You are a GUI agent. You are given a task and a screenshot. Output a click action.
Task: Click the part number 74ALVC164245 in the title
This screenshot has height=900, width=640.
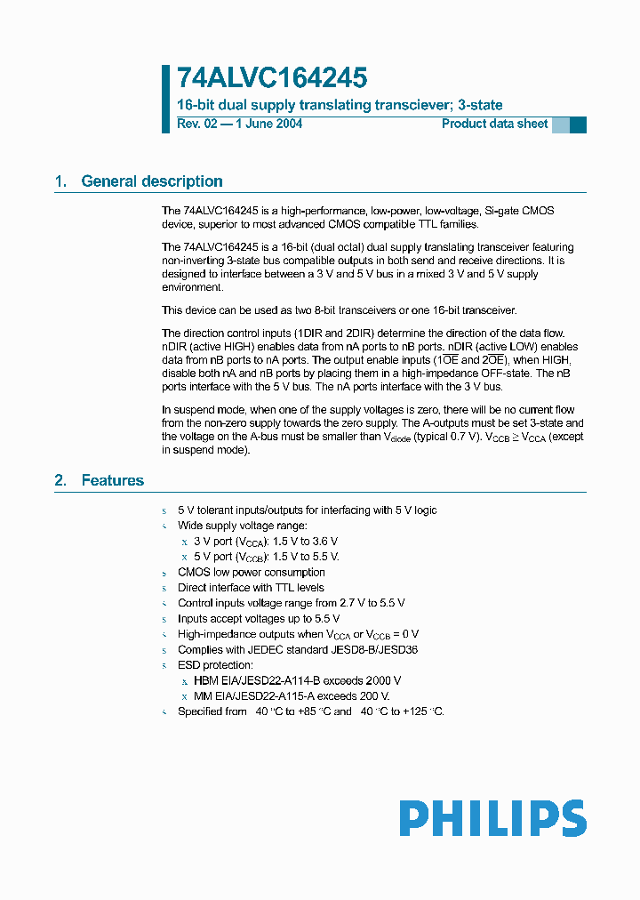(x=272, y=78)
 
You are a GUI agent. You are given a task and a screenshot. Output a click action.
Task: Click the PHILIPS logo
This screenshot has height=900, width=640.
(x=492, y=818)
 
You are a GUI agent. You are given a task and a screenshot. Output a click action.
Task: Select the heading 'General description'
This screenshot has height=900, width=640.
(x=152, y=181)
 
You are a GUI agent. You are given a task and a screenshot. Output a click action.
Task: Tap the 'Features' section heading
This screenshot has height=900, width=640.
(x=113, y=480)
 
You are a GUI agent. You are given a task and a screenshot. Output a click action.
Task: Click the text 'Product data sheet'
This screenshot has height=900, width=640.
(x=495, y=124)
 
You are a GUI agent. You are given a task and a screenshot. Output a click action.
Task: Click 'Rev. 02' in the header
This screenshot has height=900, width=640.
(x=196, y=124)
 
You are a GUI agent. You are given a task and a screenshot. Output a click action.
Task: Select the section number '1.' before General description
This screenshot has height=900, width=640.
(x=61, y=181)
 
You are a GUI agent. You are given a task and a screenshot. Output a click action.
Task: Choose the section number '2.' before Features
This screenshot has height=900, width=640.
(x=61, y=480)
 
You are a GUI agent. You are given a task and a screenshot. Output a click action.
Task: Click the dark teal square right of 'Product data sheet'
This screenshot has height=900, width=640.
(x=578, y=125)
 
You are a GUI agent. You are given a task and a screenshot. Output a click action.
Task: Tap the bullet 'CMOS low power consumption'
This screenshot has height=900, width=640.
(x=252, y=572)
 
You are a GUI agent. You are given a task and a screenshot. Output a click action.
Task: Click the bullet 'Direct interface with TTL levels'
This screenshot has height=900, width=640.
(x=251, y=587)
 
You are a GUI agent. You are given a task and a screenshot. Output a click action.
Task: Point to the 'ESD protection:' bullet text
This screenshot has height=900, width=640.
(x=215, y=665)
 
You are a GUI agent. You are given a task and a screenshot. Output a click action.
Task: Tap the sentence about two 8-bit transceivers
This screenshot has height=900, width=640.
(x=339, y=310)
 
